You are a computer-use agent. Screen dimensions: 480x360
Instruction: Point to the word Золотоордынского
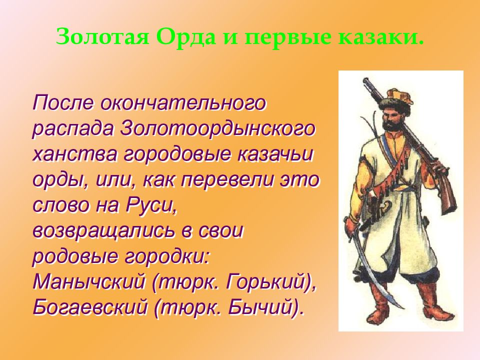pos(217,129)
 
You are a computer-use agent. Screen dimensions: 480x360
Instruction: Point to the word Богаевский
pos(90,308)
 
